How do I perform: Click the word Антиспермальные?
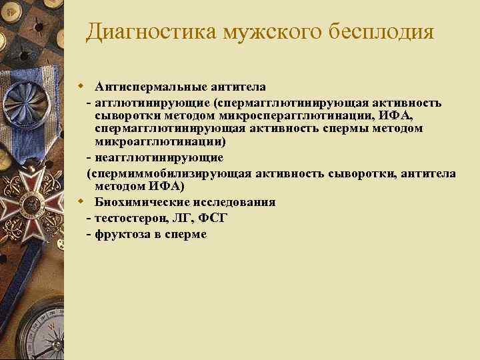pyautogui.click(x=149, y=87)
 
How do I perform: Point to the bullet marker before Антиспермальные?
pyautogui.click(x=80, y=87)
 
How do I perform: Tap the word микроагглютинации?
pyautogui.click(x=160, y=141)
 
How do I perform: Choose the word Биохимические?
pyautogui.click(x=139, y=202)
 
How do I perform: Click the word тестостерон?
pyautogui.click(x=130, y=218)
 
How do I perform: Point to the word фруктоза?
pyautogui.click(x=122, y=234)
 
